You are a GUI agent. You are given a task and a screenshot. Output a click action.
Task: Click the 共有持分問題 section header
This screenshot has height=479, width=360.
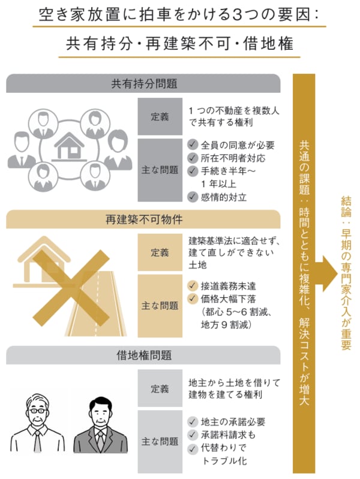pos(143,83)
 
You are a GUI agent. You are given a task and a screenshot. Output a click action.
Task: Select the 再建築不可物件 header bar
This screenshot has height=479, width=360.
pos(143,219)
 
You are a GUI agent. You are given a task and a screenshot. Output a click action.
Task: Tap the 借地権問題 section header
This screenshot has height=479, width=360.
pos(143,356)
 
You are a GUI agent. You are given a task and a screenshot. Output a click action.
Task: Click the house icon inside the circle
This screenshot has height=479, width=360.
pos(70,147)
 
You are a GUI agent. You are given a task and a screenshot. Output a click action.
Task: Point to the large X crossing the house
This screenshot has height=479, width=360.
pos(71,288)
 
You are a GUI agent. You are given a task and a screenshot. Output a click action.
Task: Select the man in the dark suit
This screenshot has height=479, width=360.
pos(100,425)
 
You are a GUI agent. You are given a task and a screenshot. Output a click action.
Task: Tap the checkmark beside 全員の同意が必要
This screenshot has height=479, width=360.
pos(193,144)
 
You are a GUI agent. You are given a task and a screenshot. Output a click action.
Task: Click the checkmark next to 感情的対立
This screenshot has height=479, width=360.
pos(193,197)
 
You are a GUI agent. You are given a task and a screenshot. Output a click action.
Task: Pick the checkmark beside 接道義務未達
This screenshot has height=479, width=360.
pos(193,285)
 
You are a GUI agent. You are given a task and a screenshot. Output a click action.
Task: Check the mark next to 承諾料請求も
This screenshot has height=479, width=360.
pos(193,435)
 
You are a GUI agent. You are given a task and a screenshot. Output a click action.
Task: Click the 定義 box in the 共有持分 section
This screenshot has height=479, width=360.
pos(160,116)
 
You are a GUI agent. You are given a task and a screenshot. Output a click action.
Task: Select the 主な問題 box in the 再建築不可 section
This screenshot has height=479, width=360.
pos(160,306)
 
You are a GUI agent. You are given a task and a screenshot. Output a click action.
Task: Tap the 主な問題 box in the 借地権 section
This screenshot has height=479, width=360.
pos(160,442)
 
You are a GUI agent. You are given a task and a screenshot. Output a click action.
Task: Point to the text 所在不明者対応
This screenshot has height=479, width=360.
pos(233,158)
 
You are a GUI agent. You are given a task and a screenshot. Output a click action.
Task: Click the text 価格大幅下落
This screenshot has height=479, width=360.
pos(228,299)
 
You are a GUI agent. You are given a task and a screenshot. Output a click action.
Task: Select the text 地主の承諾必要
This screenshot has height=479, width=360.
pos(233,422)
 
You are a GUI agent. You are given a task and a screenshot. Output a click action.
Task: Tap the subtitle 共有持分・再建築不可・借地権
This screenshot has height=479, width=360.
pos(179,43)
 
